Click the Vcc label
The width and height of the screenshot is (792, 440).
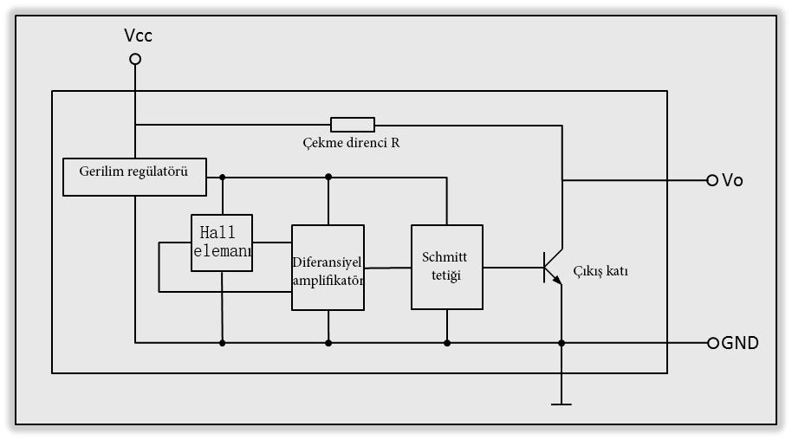point(138,36)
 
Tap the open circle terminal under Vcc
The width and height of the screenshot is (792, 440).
point(135,59)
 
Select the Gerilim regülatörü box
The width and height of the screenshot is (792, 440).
point(136,177)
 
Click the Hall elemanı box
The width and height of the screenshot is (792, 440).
point(222,243)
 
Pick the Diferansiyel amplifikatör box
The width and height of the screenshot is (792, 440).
point(328,268)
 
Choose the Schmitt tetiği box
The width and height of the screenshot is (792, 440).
point(446,267)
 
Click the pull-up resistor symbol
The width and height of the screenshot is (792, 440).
point(353,124)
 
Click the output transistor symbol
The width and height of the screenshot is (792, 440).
point(552,267)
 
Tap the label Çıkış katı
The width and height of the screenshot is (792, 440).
point(600,271)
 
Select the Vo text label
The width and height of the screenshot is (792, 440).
point(732,180)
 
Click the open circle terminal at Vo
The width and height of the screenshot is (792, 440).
point(713,180)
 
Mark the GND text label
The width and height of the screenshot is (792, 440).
point(740,343)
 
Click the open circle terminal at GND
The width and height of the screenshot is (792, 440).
point(714,343)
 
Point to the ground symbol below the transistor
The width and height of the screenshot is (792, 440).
point(562,403)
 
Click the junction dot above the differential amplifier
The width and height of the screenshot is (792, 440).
point(328,177)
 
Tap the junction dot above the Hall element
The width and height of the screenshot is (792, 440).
point(222,177)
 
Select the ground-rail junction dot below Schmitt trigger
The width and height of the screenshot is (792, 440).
point(447,343)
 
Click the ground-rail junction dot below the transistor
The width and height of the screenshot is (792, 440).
point(562,343)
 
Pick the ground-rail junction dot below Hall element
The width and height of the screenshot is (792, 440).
point(222,343)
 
